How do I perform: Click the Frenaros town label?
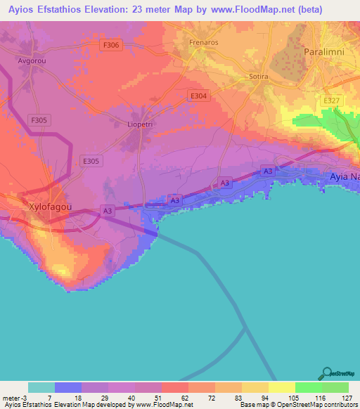tap(205, 42)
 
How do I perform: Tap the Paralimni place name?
tap(326, 53)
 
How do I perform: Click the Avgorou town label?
tap(32, 60)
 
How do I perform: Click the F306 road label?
tap(110, 45)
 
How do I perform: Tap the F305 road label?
tap(39, 120)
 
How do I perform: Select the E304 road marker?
tap(199, 96)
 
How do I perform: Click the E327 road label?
tap(331, 101)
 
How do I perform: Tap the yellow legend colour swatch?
tap(281, 387)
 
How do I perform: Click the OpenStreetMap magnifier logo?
tap(327, 373)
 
